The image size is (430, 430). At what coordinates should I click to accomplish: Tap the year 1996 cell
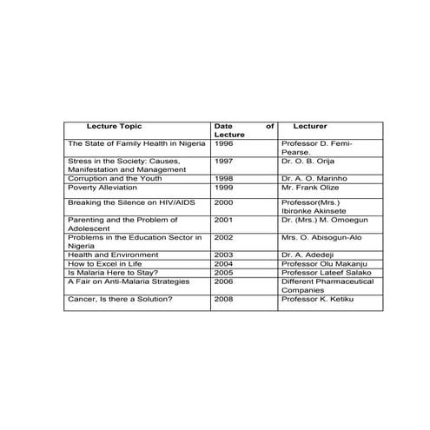[x=224, y=142]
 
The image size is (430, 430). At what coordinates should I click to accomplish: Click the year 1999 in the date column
[x=224, y=187]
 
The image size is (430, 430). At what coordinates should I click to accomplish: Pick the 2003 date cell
[x=224, y=255]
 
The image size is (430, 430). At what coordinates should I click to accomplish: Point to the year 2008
[x=224, y=299]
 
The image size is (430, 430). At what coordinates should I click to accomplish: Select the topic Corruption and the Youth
[x=115, y=178]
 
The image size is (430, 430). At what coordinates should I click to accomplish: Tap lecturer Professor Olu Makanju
[x=326, y=263]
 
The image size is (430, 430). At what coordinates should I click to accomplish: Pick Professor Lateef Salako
[x=327, y=272]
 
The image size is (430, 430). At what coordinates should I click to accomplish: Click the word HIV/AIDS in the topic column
[x=178, y=202]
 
